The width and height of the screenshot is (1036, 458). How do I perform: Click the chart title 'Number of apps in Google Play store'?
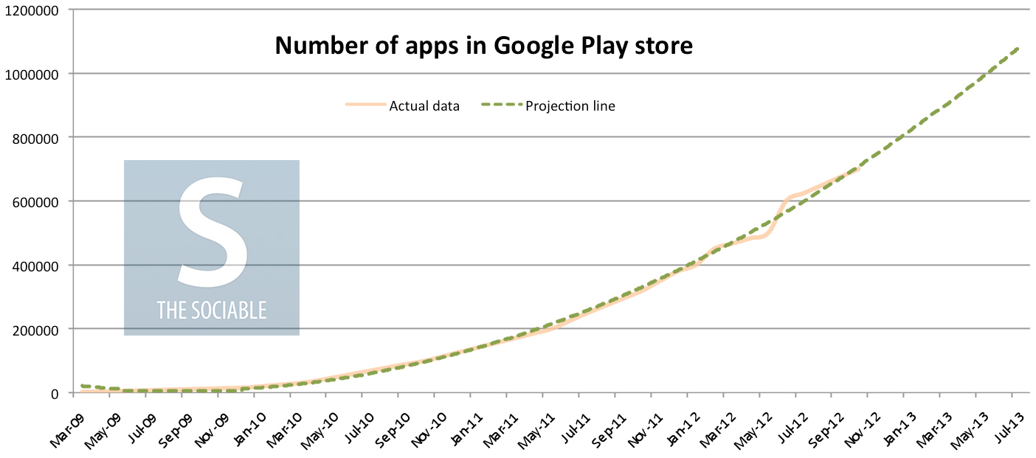pos(484,46)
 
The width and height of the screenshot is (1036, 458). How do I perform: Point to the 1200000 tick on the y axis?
pos(33,10)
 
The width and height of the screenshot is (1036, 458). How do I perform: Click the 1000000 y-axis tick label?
pos(33,74)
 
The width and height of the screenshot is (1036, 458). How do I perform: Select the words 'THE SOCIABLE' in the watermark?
pos(211,310)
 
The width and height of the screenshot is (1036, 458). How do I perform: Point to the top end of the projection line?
pos(1018,49)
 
